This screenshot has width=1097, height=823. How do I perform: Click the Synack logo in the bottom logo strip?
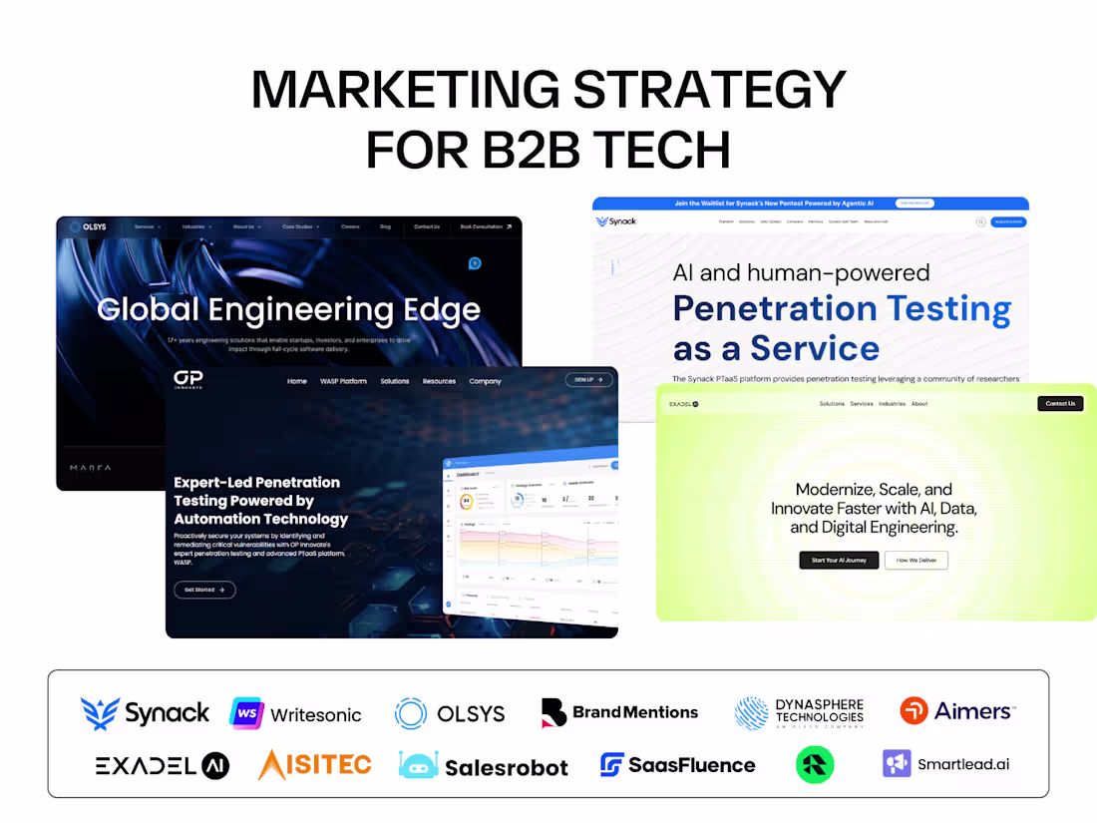pyautogui.click(x=146, y=712)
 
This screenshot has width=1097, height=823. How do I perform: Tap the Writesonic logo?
pyautogui.click(x=296, y=714)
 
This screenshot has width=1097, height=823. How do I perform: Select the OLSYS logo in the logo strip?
pyautogui.click(x=450, y=713)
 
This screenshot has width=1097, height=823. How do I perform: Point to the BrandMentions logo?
pyautogui.click(x=619, y=712)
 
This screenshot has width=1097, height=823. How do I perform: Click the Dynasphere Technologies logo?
pyautogui.click(x=799, y=712)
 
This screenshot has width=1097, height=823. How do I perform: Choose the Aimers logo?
pyautogui.click(x=957, y=711)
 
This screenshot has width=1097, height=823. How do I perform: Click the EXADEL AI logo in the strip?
pyautogui.click(x=163, y=765)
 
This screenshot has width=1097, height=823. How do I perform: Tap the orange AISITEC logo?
pyautogui.click(x=314, y=764)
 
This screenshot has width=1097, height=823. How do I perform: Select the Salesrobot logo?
pyautogui.click(x=484, y=765)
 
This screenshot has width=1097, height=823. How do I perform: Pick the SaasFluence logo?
pyautogui.click(x=678, y=765)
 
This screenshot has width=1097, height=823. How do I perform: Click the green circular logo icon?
pyautogui.click(x=815, y=765)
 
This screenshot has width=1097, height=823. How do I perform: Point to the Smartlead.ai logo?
pyautogui.click(x=946, y=764)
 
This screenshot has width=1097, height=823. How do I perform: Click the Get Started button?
pyautogui.click(x=204, y=590)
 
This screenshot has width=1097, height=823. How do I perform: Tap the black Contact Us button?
pyautogui.click(x=1060, y=404)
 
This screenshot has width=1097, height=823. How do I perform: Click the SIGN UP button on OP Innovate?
pyautogui.click(x=588, y=380)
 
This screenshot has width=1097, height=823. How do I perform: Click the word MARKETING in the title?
pyautogui.click(x=404, y=90)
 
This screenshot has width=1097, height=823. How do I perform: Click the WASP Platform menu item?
pyautogui.click(x=343, y=381)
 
